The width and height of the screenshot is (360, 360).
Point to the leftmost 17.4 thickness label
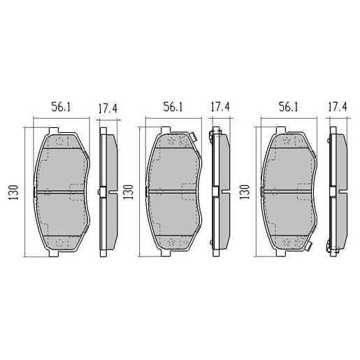pyautogui.click(x=108, y=107)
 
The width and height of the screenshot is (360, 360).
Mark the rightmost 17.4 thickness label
pyautogui.click(x=337, y=107)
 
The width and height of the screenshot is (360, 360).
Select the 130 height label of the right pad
pyautogui.click(x=245, y=191)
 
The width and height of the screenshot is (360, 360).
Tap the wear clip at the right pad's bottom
pyautogui.click(x=304, y=243)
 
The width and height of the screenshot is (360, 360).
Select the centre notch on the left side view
pyautogui.click(x=103, y=191)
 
